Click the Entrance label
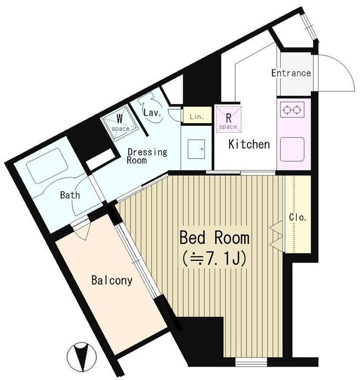tap(291, 73)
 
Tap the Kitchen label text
tap(249, 144)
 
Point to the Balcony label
tap(112, 280)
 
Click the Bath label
tap(70, 195)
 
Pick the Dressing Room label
tap(147, 156)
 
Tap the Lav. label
tap(152, 113)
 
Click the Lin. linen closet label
tap(197, 116)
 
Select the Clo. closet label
tap(298, 218)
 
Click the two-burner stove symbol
tap(292, 110)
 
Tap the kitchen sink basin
tap(292, 149)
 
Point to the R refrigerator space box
tap(229, 119)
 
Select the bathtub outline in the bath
tap(47, 166)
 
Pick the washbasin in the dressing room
tap(196, 149)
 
